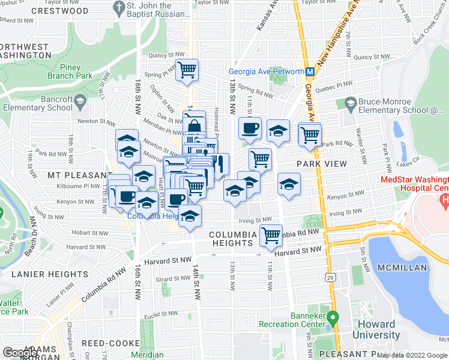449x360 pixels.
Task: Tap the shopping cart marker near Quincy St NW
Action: (187, 70)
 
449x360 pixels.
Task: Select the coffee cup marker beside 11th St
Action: (250, 127)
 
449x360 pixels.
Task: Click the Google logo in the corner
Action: (20, 353)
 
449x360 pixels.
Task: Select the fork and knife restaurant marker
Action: (219, 163)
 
